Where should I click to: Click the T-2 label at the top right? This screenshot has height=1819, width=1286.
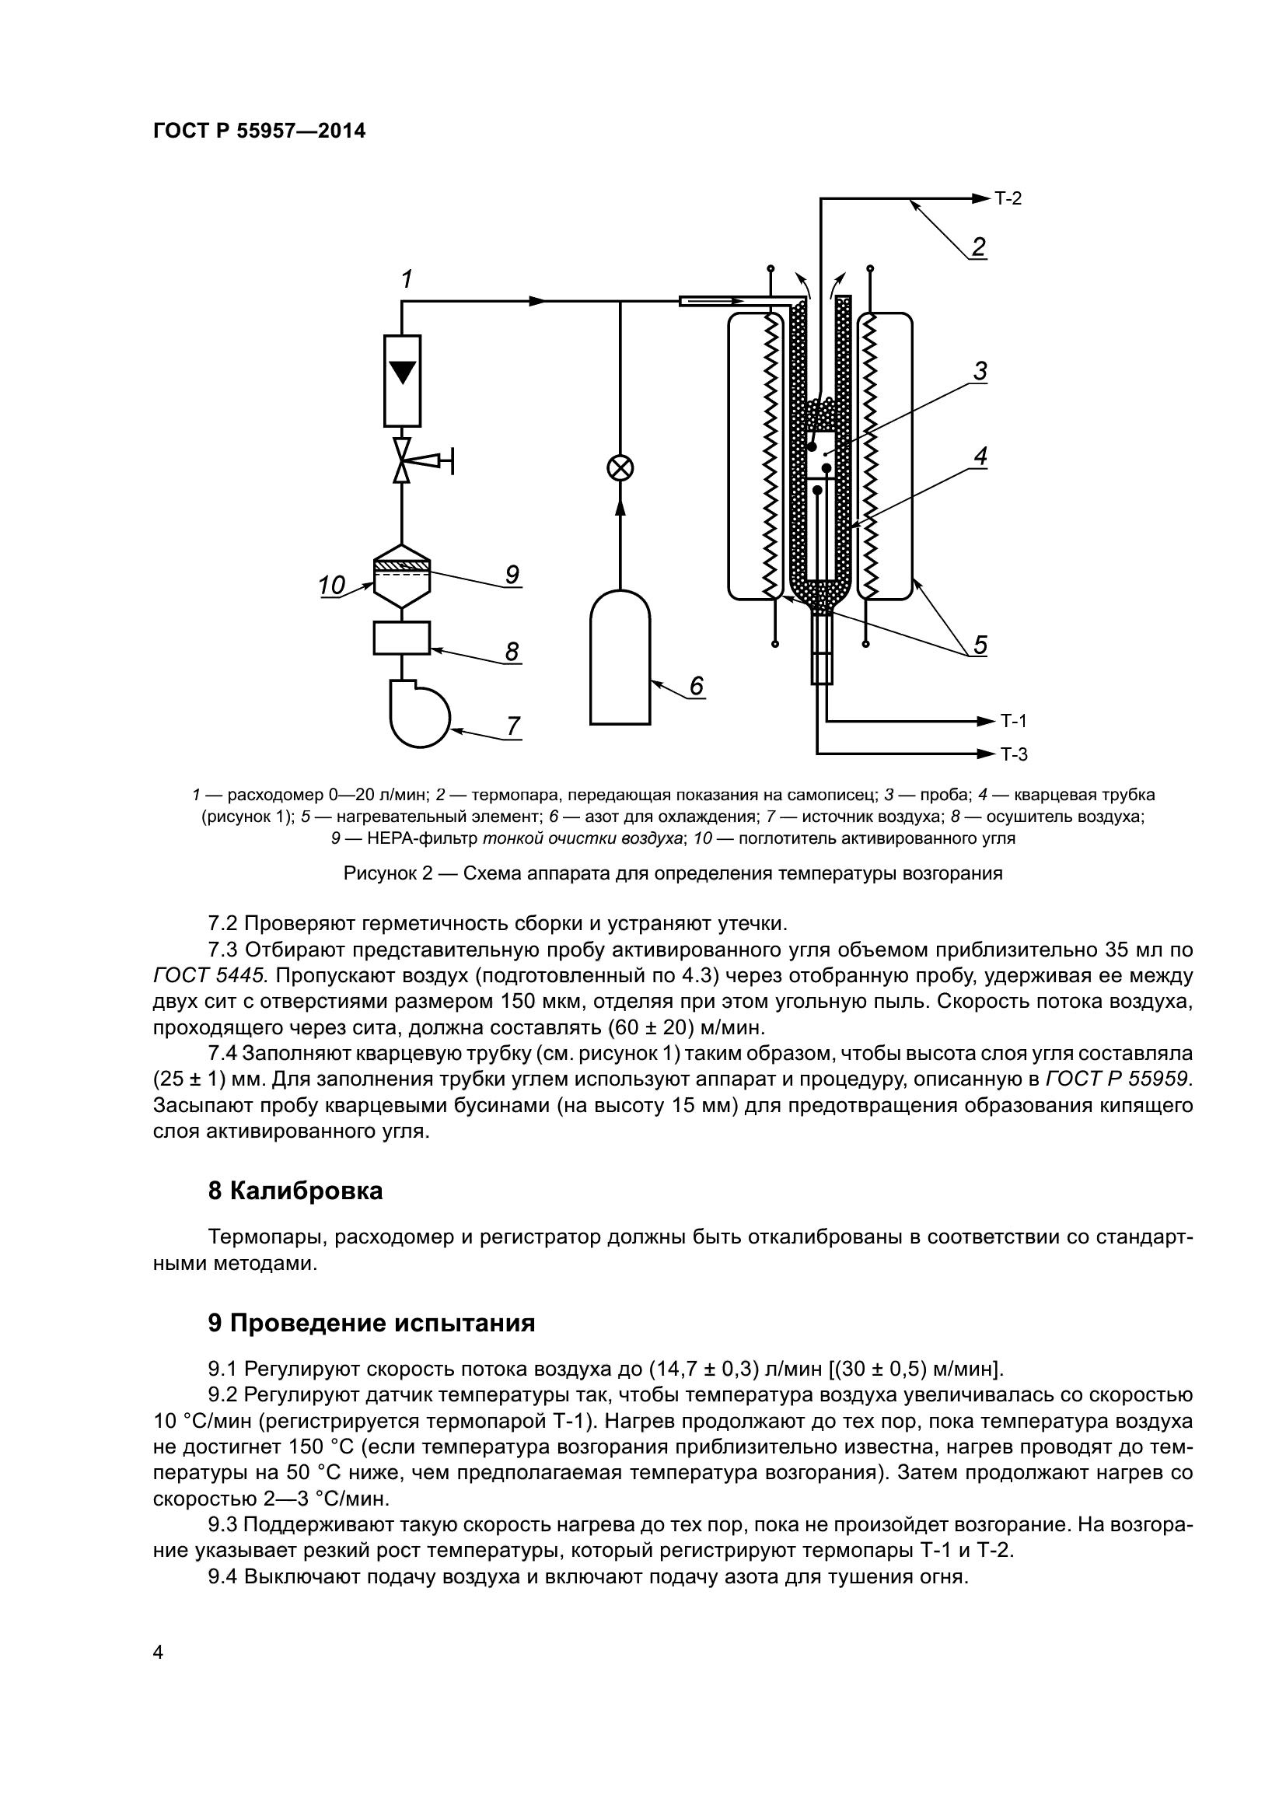click(x=1008, y=198)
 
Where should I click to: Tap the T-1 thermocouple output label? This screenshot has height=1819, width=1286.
click(x=1013, y=721)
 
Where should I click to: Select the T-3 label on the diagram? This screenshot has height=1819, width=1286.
click(x=1013, y=754)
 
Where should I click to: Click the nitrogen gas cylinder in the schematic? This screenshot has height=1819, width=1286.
click(x=620, y=659)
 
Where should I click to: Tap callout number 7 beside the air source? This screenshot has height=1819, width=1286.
click(x=513, y=725)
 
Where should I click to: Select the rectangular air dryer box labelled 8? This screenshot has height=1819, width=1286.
click(x=401, y=638)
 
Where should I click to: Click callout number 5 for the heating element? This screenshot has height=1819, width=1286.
click(x=980, y=645)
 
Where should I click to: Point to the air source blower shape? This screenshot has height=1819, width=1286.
click(x=418, y=713)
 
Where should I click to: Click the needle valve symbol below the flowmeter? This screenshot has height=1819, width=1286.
click(x=403, y=460)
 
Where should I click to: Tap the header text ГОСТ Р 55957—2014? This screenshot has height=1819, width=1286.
click(x=259, y=131)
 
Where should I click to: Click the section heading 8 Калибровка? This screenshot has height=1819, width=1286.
click(x=295, y=1191)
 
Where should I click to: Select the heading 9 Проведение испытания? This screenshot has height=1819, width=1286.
click(x=372, y=1323)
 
